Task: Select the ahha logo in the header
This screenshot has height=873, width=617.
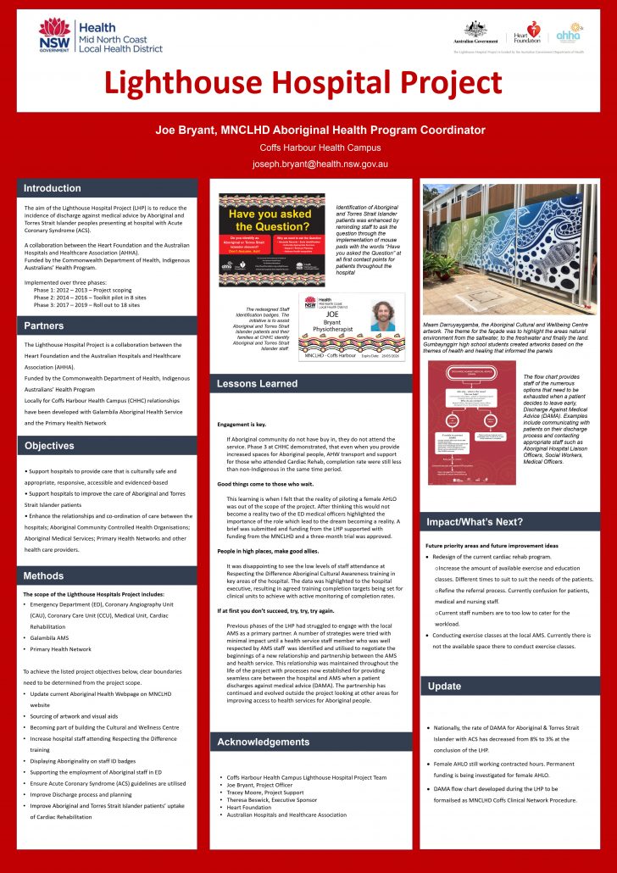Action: coord(569,35)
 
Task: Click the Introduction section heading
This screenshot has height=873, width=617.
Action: coord(53,188)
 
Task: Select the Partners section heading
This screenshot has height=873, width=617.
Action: coord(44,325)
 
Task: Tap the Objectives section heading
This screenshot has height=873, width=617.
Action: coord(49,446)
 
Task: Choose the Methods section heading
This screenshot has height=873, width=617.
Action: coord(44,576)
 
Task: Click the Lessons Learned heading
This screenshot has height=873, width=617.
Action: coord(257,384)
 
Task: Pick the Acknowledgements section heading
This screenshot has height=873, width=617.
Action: coord(264,742)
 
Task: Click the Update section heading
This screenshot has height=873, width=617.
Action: coord(445,686)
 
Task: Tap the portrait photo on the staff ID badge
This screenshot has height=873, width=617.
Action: coord(382,316)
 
